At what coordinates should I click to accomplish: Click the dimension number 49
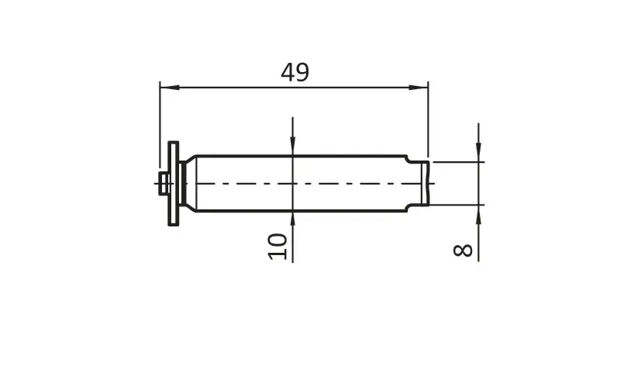pyautogui.click(x=295, y=72)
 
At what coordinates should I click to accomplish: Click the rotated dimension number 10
pyautogui.click(x=277, y=246)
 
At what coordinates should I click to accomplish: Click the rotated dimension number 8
pyautogui.click(x=463, y=250)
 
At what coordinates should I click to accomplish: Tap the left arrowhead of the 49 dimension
pyautogui.click(x=169, y=87)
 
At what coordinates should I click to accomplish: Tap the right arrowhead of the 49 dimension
pyautogui.click(x=419, y=87)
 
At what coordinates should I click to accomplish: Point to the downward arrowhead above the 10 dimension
pyautogui.click(x=293, y=146)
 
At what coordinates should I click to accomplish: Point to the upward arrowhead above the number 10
pyautogui.click(x=293, y=221)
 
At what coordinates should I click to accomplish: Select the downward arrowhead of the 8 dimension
pyautogui.click(x=478, y=152)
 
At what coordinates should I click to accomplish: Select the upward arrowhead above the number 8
pyautogui.click(x=478, y=214)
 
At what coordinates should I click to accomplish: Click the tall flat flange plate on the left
pyautogui.click(x=174, y=183)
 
